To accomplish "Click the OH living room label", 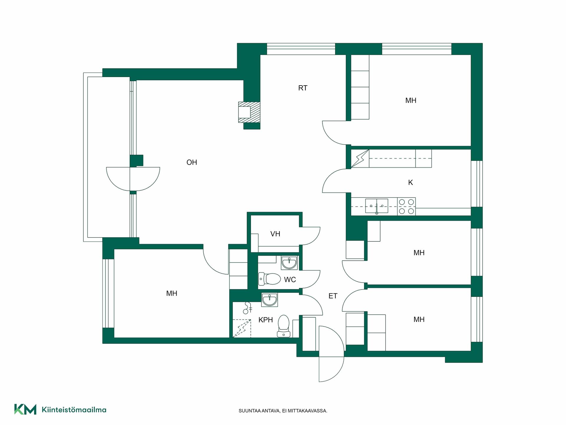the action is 192,162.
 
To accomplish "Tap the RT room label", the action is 303,88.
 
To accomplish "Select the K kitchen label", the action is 410,183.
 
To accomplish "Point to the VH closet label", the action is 275,234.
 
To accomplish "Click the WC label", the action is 290,280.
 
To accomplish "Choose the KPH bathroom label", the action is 266,320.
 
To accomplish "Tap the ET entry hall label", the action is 333,296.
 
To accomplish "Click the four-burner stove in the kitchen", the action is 407,206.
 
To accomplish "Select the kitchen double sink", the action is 377,206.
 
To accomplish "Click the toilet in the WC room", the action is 269,279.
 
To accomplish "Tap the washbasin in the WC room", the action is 289,263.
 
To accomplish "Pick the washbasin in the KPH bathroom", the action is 269,300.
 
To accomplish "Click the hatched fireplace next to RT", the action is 249,112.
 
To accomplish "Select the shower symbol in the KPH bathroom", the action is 247,308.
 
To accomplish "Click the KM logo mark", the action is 25,409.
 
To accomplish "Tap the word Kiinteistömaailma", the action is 74,410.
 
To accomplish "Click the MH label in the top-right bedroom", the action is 411,101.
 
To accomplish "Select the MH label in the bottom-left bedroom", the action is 172,294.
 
